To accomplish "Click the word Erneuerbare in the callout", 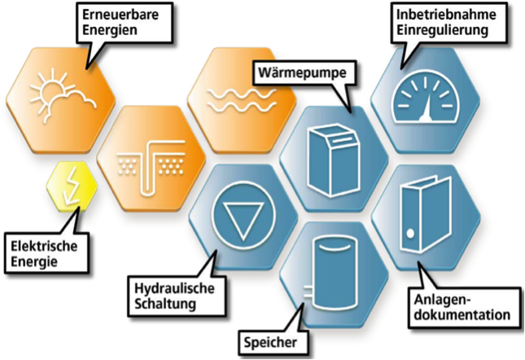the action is [120, 15].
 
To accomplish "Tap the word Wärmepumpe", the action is [303, 72].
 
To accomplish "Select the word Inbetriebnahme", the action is [446, 15].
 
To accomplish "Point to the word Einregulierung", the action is [442, 30].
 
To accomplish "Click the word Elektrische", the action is [44, 247].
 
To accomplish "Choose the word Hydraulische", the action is [174, 288].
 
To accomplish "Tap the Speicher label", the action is [270, 342].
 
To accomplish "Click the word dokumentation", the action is [462, 314].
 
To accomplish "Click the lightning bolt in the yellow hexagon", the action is [72, 186].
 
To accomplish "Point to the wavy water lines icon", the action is [242, 100].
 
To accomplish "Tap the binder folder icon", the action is [426, 213].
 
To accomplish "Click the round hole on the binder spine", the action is [410, 233].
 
